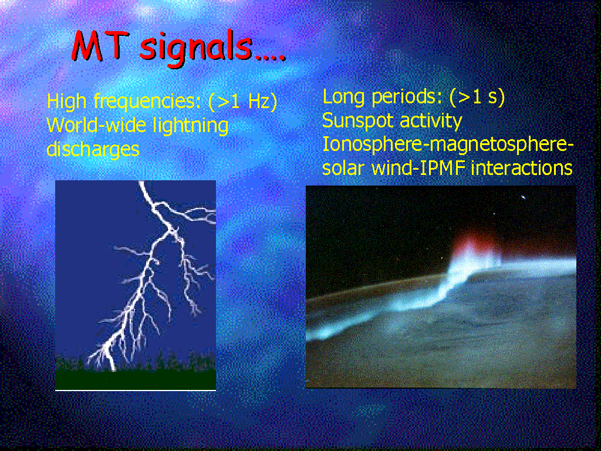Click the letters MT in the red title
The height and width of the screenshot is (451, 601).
pos(98,46)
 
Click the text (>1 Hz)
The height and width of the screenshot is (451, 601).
pos(243,101)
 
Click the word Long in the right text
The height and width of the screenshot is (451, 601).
pos(343,97)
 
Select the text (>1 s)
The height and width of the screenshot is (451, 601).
pos(477,97)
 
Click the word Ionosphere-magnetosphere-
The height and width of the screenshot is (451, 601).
pos(448,145)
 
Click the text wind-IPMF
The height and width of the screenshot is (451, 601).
pos(418,168)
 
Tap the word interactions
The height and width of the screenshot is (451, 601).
pos(522,168)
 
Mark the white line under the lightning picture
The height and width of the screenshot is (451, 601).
pos(136,390)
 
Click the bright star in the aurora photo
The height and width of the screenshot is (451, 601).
pos(523,197)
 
